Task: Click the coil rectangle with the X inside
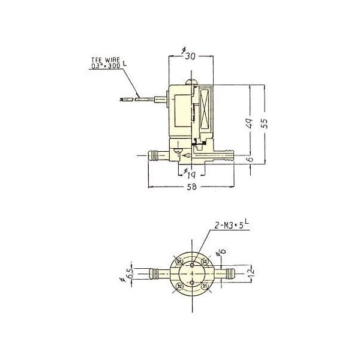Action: pos(206,110)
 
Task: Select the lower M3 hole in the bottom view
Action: pos(191,284)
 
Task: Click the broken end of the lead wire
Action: pos(126,98)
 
